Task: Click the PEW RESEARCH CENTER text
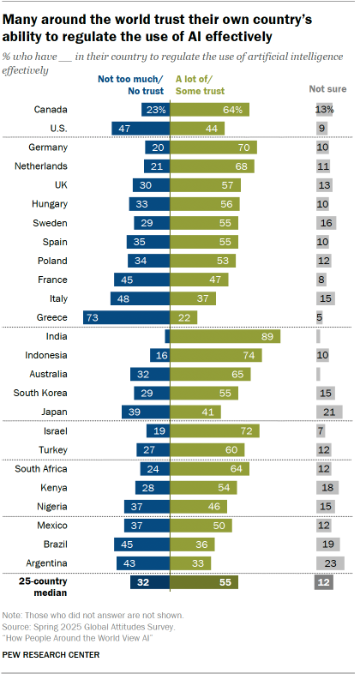click(x=51, y=654)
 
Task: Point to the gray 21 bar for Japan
click(x=328, y=411)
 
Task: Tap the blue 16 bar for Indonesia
click(x=159, y=354)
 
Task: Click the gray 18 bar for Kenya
click(x=327, y=487)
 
